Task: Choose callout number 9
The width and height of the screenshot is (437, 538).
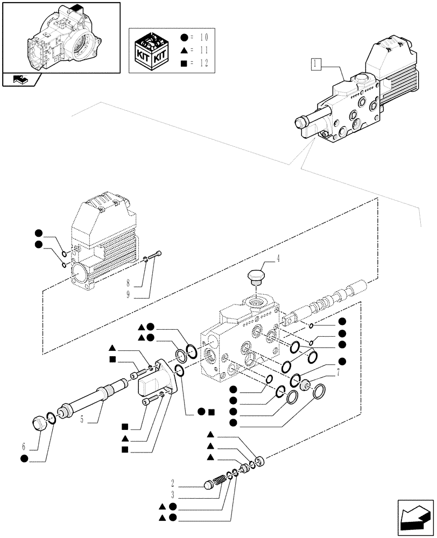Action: pyautogui.click(x=129, y=294)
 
